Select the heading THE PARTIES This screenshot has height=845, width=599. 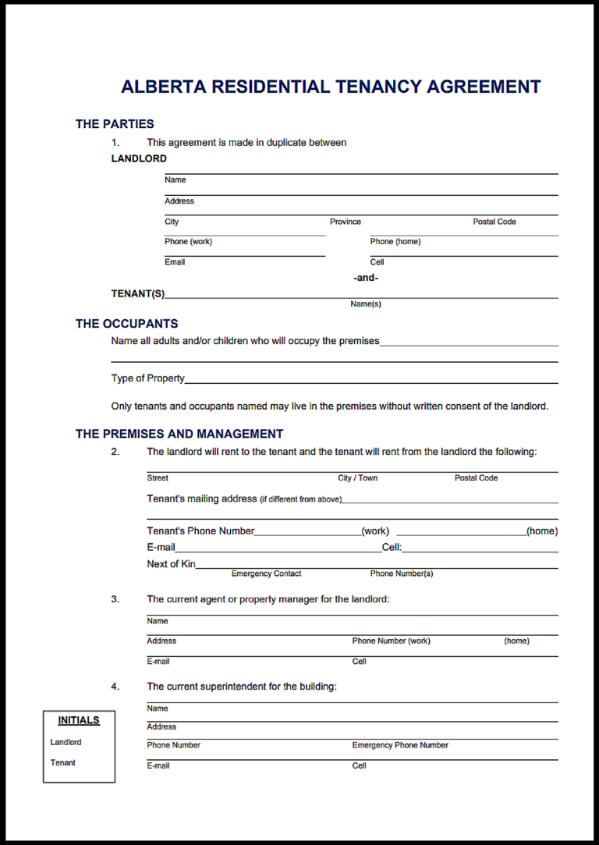[x=115, y=124]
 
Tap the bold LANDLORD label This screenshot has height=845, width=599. [x=139, y=158]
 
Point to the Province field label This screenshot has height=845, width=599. [x=345, y=222]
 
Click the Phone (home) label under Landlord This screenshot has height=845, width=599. [x=395, y=242]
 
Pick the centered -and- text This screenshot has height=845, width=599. [x=365, y=278]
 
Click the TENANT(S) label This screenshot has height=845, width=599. [x=138, y=294]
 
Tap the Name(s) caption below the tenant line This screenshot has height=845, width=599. [x=365, y=304]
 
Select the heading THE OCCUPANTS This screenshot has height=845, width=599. [x=126, y=324]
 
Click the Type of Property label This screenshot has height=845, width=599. [x=148, y=378]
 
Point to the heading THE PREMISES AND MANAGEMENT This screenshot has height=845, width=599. [x=179, y=434]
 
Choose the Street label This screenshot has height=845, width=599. [x=158, y=478]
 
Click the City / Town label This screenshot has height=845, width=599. [x=357, y=478]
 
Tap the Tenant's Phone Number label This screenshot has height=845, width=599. [x=200, y=531]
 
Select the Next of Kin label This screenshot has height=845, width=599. [x=171, y=564]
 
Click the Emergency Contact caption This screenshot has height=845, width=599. [x=266, y=574]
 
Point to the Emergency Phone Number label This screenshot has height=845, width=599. [x=400, y=745]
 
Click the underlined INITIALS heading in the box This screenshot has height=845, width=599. [x=79, y=720]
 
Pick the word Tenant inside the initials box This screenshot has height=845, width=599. [x=63, y=763]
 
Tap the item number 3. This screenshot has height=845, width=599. [x=115, y=599]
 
